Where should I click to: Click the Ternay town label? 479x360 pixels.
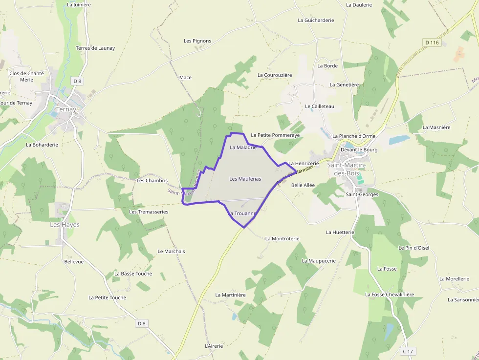click(x=66, y=109)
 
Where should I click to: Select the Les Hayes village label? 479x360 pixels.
click(x=65, y=225)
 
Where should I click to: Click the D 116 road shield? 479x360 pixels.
click(x=433, y=42)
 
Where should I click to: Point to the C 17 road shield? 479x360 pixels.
click(x=408, y=351)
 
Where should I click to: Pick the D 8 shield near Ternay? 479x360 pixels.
click(x=77, y=81)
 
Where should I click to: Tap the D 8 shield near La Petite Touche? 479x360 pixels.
click(x=142, y=323)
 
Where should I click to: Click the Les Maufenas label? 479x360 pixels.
click(x=245, y=179)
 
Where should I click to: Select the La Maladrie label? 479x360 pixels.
click(x=243, y=147)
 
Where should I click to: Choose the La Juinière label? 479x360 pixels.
click(x=79, y=4)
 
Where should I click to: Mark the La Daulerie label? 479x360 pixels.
click(x=359, y=4)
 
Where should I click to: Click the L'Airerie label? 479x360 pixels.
click(x=214, y=346)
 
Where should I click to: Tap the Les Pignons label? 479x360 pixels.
click(x=197, y=41)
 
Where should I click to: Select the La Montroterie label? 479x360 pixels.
click(x=282, y=238)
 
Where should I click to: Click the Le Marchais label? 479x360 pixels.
click(x=171, y=251)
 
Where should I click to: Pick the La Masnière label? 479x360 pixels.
click(x=436, y=127)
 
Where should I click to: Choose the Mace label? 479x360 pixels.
click(x=185, y=77)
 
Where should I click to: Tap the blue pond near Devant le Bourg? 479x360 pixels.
click(x=399, y=140)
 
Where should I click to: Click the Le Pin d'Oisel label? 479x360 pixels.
click(x=414, y=248)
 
